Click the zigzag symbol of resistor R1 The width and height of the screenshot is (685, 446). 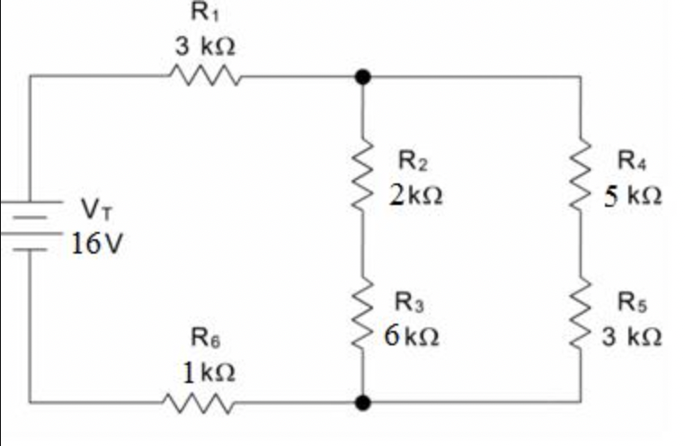coord(205,77)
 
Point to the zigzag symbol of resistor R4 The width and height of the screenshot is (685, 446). coord(580,175)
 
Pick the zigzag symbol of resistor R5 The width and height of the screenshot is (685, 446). coord(580,316)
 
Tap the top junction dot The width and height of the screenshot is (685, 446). coord(362,77)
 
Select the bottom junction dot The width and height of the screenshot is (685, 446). coord(362,402)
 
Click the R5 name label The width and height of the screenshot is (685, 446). coord(631,303)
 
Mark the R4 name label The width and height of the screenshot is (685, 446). coord(632,161)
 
